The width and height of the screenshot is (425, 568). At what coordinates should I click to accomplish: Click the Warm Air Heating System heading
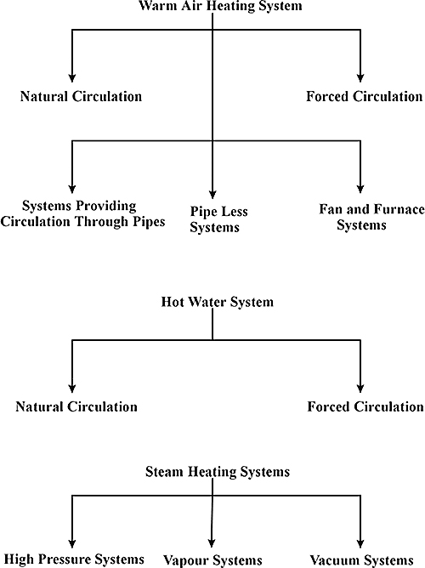click(220, 6)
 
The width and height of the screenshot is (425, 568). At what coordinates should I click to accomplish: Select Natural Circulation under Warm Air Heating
click(81, 96)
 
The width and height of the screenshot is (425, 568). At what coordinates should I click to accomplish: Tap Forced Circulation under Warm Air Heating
click(364, 96)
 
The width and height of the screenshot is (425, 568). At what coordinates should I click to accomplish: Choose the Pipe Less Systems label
click(219, 219)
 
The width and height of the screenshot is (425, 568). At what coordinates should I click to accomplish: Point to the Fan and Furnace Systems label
click(371, 217)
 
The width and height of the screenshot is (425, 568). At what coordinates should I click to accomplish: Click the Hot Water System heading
click(218, 302)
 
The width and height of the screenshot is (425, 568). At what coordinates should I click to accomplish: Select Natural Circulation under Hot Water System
click(76, 406)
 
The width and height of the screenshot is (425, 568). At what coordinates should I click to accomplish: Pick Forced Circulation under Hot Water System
click(365, 406)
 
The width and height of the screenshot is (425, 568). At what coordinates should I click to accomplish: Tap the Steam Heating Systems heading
click(218, 472)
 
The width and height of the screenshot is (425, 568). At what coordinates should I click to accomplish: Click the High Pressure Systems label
click(74, 559)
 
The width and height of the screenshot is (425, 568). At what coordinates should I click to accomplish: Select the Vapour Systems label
click(212, 560)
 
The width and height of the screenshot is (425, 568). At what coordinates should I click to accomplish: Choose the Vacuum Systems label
click(361, 560)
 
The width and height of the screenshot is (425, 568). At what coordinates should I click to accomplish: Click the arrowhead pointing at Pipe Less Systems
click(212, 194)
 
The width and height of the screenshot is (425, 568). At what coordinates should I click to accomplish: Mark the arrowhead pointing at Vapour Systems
click(212, 542)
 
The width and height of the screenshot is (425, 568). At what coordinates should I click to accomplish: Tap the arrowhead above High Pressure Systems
click(72, 543)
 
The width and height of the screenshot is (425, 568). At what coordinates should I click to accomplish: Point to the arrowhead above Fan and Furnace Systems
click(360, 188)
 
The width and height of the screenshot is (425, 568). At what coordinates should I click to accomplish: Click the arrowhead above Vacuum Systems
click(360, 543)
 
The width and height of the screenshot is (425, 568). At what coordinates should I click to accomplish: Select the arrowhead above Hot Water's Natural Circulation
click(72, 388)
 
